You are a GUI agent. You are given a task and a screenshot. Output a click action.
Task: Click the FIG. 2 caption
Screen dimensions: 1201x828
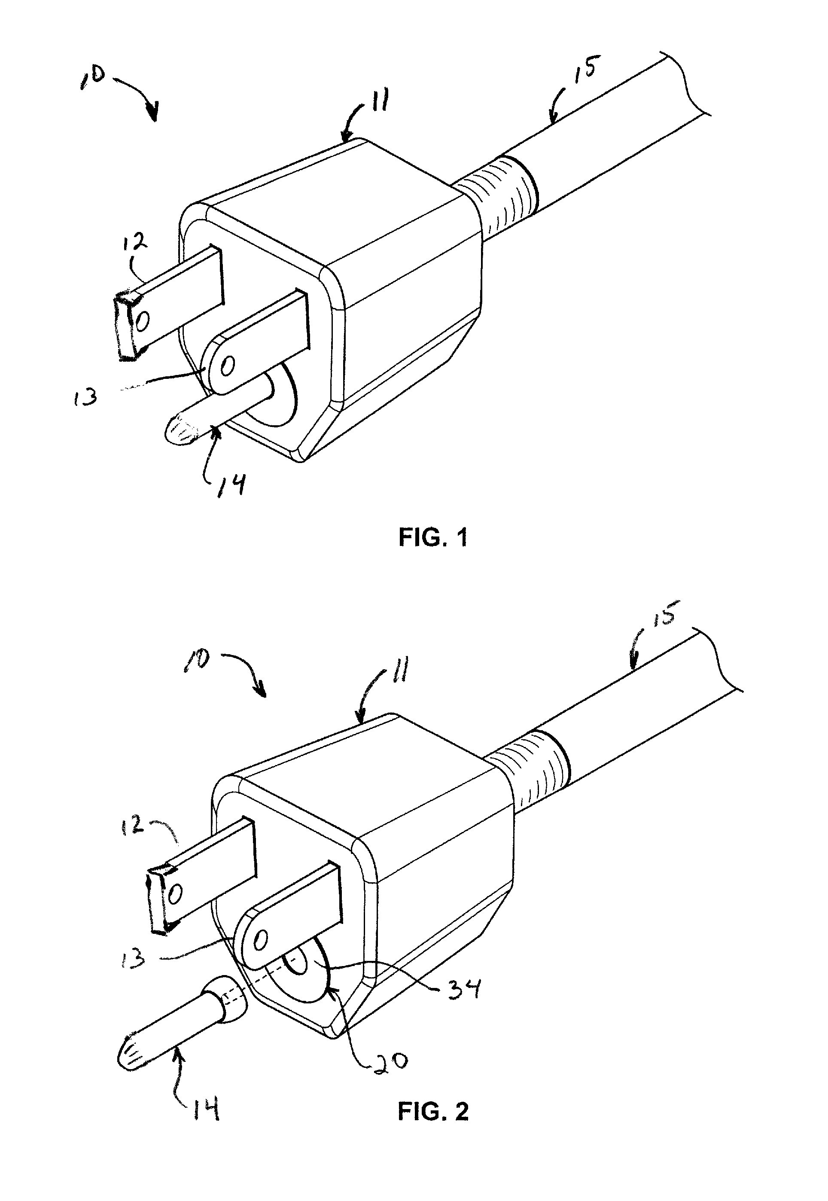[433, 1111]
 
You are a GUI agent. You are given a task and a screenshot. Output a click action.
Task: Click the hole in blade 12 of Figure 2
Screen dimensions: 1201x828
[176, 893]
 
